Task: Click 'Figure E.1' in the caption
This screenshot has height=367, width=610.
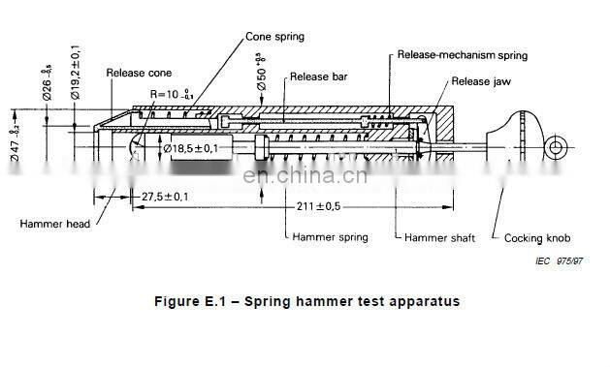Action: [190, 301]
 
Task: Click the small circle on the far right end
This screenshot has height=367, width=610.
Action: [556, 146]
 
